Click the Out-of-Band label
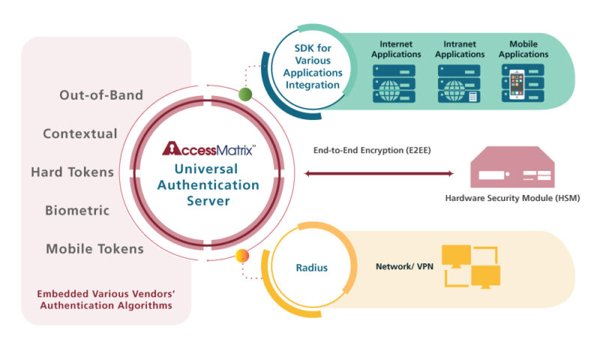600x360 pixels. (x=100, y=95)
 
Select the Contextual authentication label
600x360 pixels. (x=80, y=134)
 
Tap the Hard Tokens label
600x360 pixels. (x=72, y=172)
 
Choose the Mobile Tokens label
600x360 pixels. (x=94, y=249)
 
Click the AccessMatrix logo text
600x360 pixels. (x=209, y=148)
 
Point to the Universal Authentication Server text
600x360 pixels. (x=211, y=184)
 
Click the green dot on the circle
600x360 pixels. (x=244, y=94)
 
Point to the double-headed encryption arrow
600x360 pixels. (x=379, y=174)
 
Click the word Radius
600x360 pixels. (x=311, y=268)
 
